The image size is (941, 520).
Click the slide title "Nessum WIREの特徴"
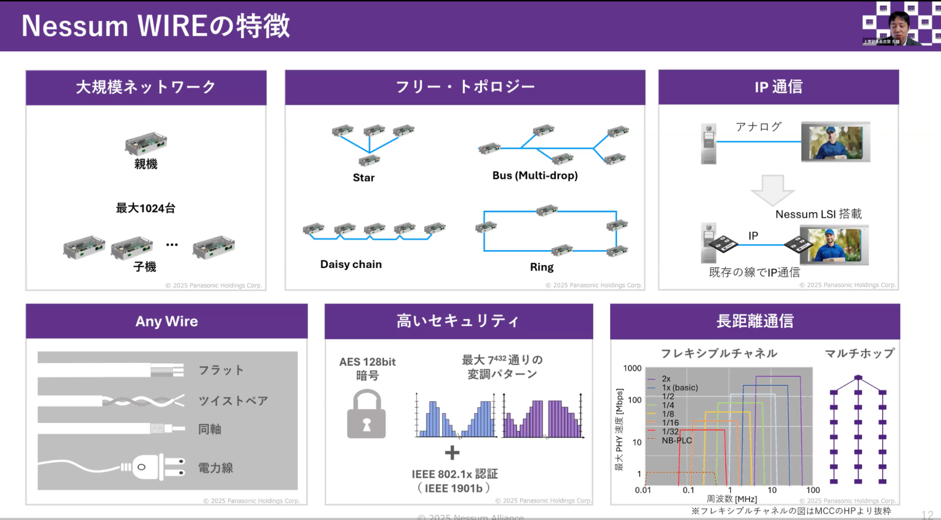(x=155, y=26)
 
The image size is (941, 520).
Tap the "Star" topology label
(x=363, y=178)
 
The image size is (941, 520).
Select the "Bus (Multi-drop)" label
(x=535, y=175)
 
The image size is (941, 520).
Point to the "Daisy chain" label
(x=351, y=264)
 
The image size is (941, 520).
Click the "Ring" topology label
(x=541, y=267)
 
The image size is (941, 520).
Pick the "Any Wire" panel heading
(x=167, y=321)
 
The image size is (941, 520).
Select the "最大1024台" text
(x=145, y=208)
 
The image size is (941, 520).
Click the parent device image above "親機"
(x=145, y=142)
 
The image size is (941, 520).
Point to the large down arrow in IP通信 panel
(x=772, y=190)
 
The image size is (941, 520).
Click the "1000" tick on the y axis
(x=632, y=368)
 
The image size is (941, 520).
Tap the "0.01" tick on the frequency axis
(x=643, y=490)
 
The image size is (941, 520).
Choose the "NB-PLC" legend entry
(x=676, y=441)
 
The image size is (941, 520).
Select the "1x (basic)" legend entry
(x=680, y=387)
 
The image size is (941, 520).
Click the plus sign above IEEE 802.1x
(x=452, y=453)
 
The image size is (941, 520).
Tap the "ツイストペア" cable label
(x=233, y=401)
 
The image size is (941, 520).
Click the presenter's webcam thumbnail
(x=901, y=24)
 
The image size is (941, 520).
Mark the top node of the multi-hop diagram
(x=858, y=378)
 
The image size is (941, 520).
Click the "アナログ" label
(x=758, y=126)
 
